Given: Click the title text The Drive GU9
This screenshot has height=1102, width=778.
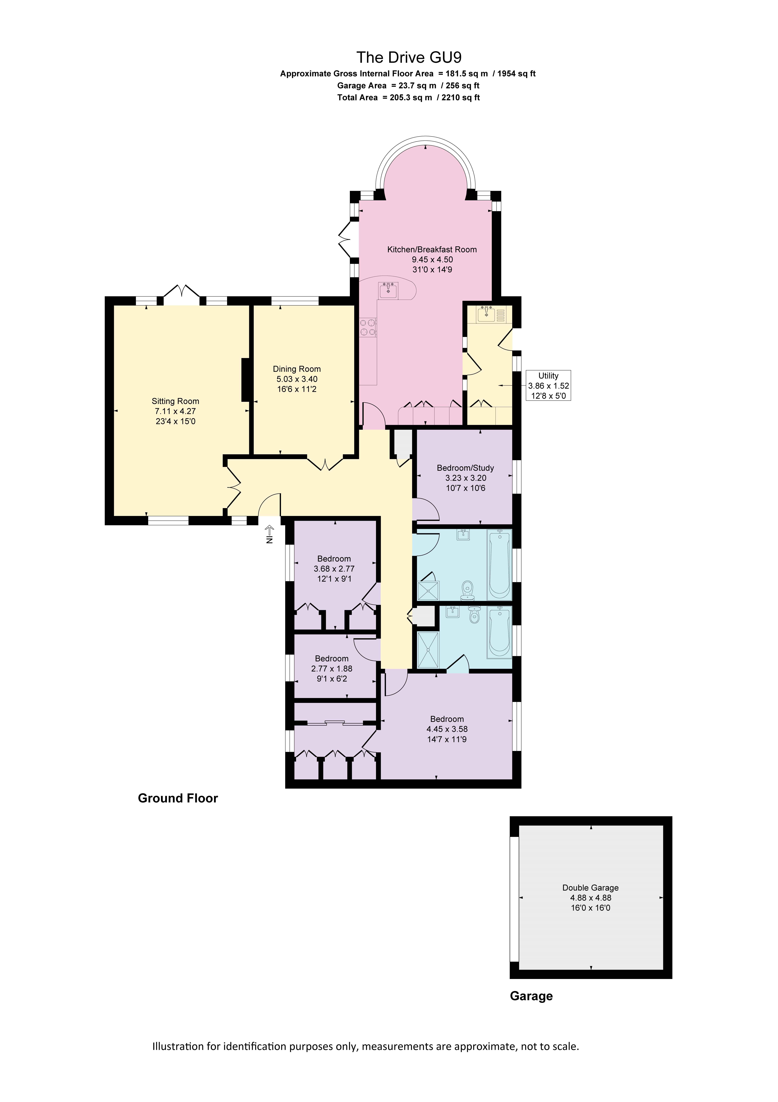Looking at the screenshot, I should (x=409, y=58).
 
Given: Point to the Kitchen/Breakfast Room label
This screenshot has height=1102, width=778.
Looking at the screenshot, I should (x=432, y=250).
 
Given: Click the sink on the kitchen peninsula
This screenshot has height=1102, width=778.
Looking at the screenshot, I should (x=388, y=290).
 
